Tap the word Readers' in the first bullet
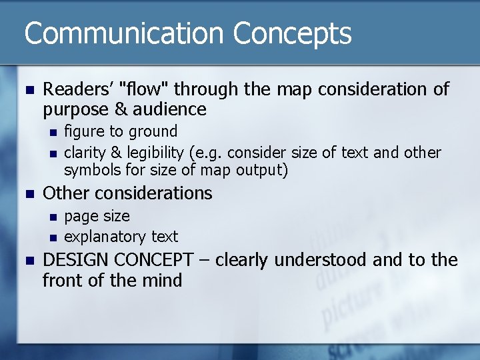[x=78, y=89]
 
